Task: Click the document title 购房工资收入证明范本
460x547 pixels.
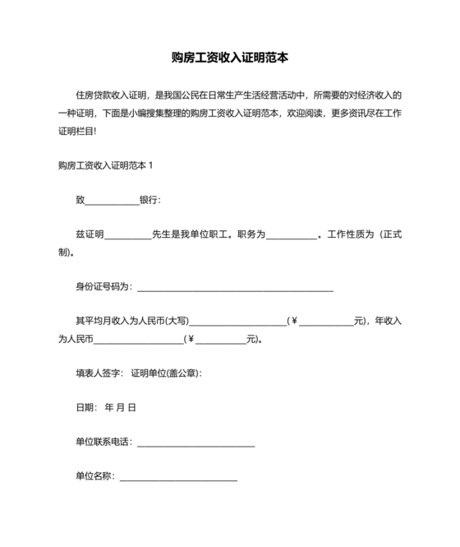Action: [229, 58]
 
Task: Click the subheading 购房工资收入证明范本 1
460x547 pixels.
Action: [106, 165]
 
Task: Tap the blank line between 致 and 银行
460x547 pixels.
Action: [113, 200]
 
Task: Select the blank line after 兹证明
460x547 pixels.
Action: [128, 234]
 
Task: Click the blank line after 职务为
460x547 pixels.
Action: [292, 234]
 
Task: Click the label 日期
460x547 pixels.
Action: [85, 407]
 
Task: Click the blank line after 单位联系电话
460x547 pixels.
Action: [195, 442]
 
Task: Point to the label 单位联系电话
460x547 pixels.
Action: [103, 442]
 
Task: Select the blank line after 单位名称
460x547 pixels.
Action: [178, 476]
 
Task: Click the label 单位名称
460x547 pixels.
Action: [94, 476]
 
